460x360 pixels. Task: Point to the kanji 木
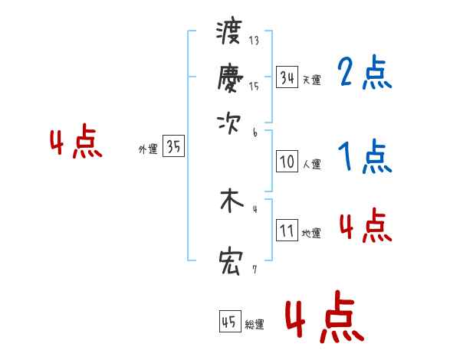(230, 201)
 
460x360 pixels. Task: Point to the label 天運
(311, 80)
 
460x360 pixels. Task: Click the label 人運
(311, 164)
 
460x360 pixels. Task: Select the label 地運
(311, 233)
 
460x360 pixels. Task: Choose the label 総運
(255, 324)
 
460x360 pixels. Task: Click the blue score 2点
(364, 73)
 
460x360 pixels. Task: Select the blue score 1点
(364, 157)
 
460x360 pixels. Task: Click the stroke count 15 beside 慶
(254, 87)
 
